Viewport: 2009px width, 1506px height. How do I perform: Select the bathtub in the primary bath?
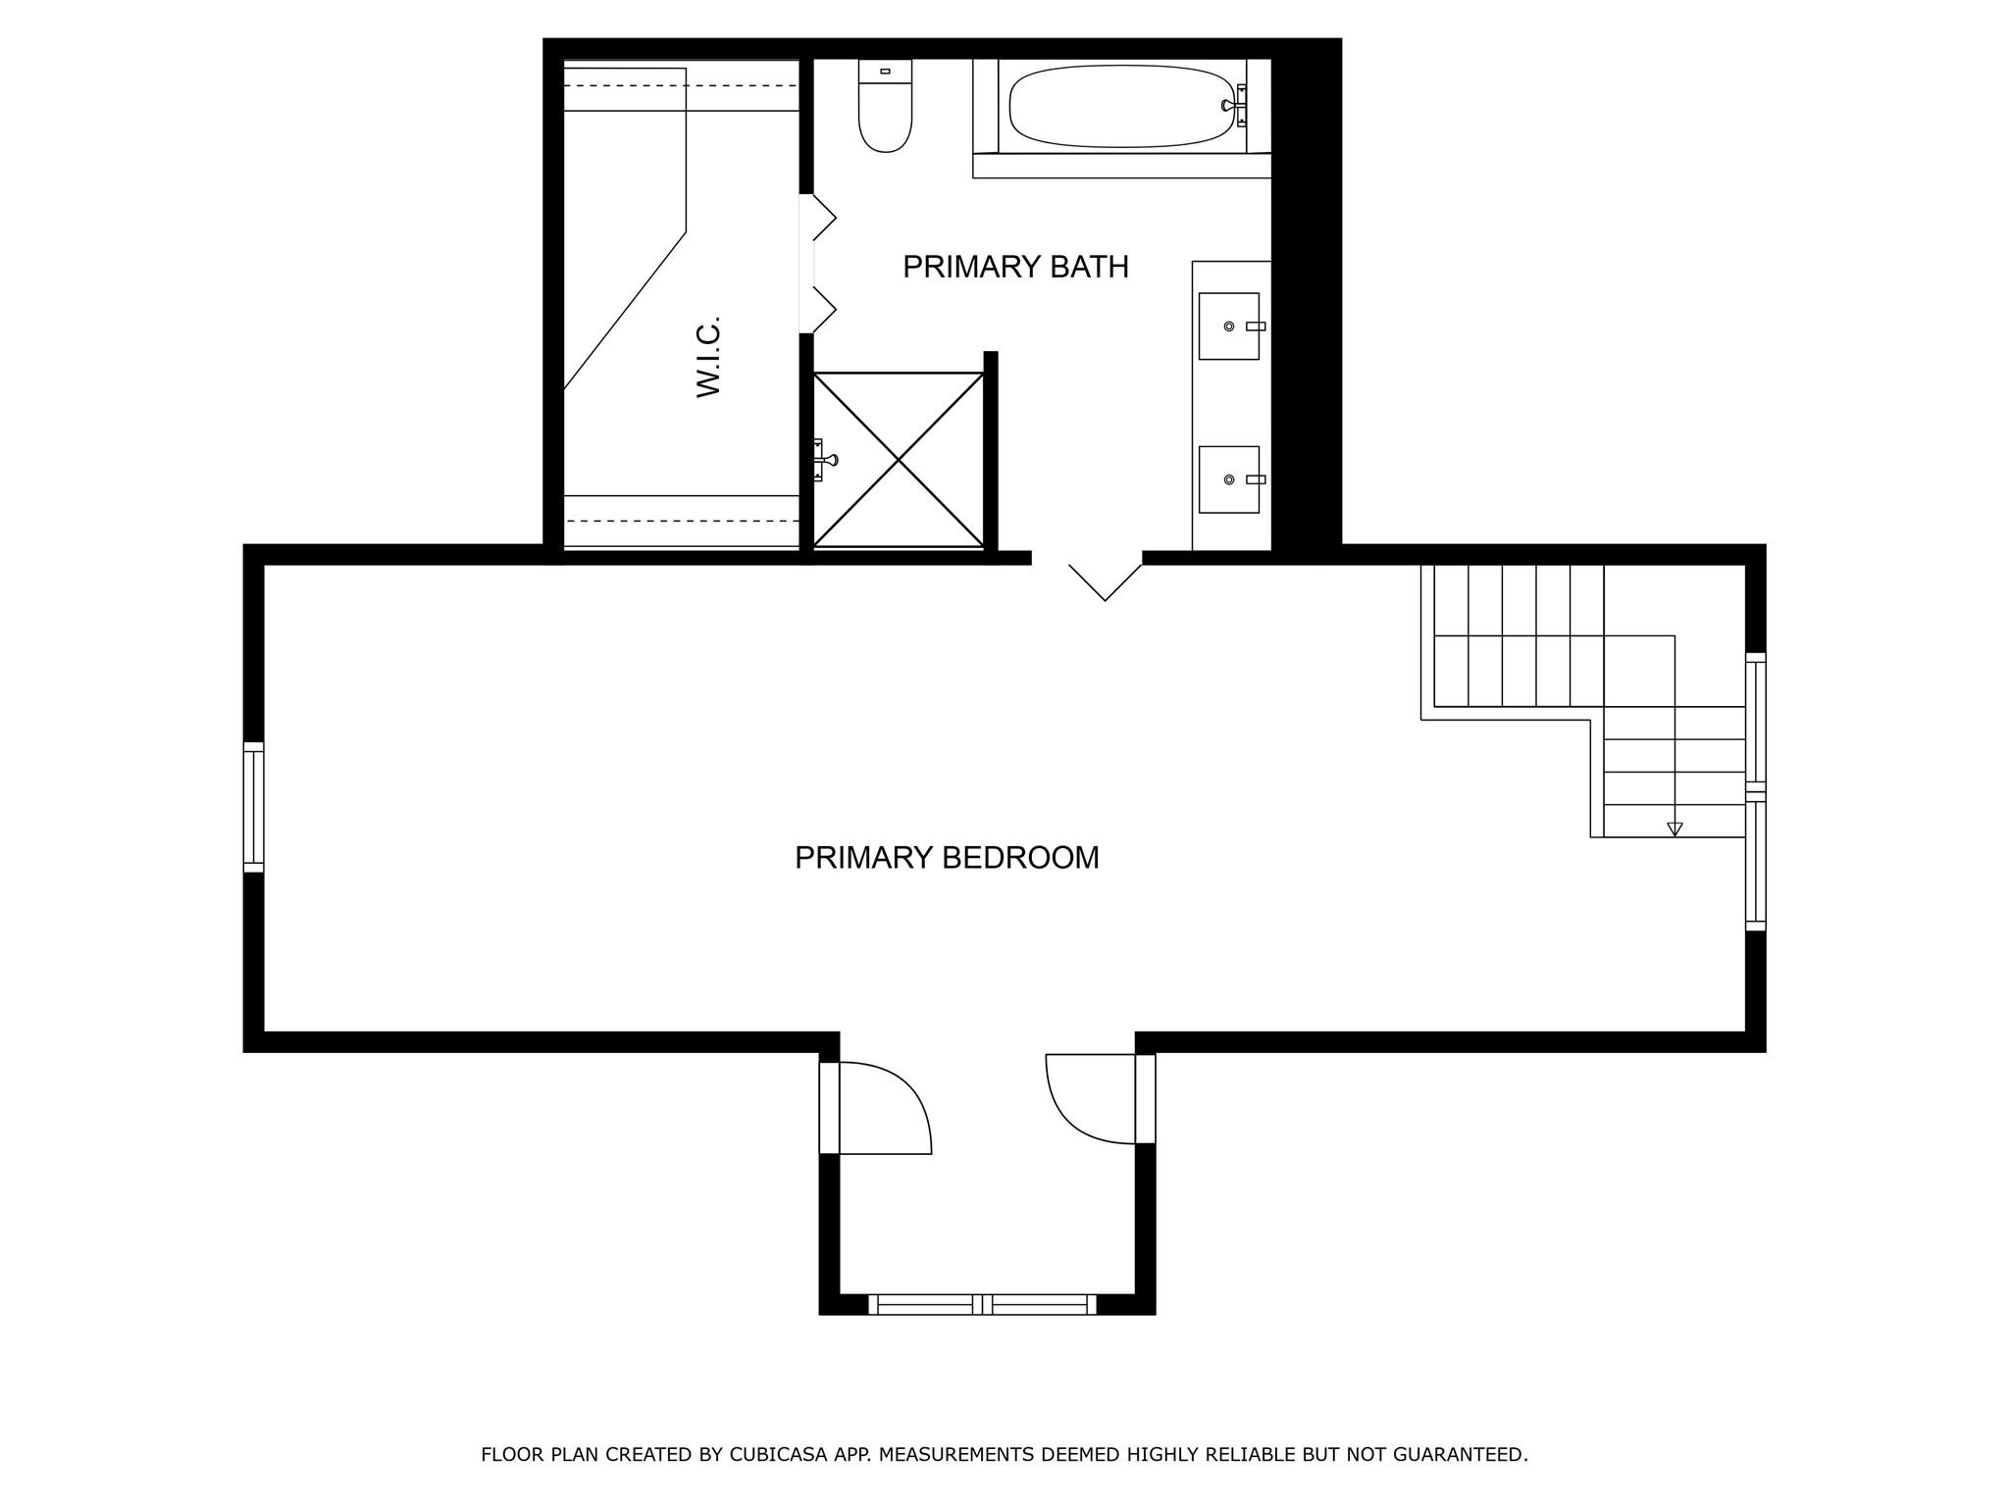[x=1121, y=106]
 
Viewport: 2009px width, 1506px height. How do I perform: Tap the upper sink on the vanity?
[x=1228, y=326]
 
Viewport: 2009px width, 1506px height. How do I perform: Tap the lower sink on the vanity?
[x=1228, y=479]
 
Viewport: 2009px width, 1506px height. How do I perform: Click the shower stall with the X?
[x=899, y=459]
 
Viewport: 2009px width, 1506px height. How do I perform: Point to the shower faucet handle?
[x=824, y=459]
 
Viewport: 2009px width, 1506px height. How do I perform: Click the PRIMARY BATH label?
[x=1015, y=267]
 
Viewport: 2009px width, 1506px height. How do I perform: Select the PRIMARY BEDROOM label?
[x=947, y=858]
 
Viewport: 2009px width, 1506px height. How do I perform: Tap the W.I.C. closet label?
[x=708, y=356]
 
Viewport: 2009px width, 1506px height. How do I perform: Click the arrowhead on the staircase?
[x=1674, y=828]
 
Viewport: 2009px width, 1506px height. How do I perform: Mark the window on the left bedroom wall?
[x=253, y=807]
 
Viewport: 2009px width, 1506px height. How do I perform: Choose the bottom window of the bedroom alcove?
[x=982, y=1304]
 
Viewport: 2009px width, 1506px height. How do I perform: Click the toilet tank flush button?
[x=885, y=72]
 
